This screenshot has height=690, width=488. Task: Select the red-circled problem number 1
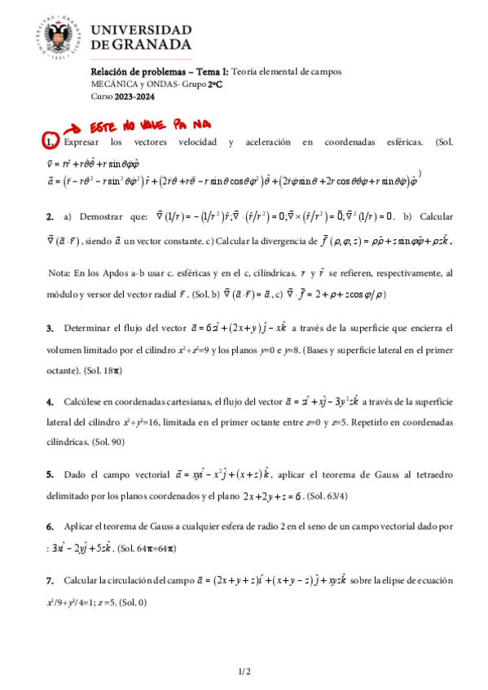50,142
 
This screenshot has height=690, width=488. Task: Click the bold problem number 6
50,526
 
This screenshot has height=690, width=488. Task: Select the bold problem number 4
50,401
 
